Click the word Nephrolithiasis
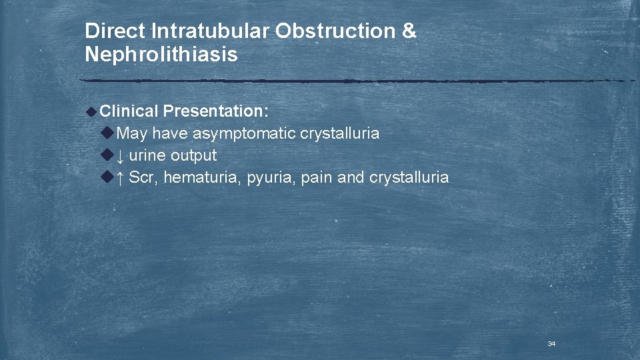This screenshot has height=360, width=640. [x=161, y=55]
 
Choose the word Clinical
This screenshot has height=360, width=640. [x=129, y=111]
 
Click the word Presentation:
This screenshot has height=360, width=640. [x=215, y=111]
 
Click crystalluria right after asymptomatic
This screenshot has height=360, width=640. [x=339, y=133]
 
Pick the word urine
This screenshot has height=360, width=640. [x=147, y=156]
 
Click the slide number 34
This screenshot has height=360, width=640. [x=551, y=344]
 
